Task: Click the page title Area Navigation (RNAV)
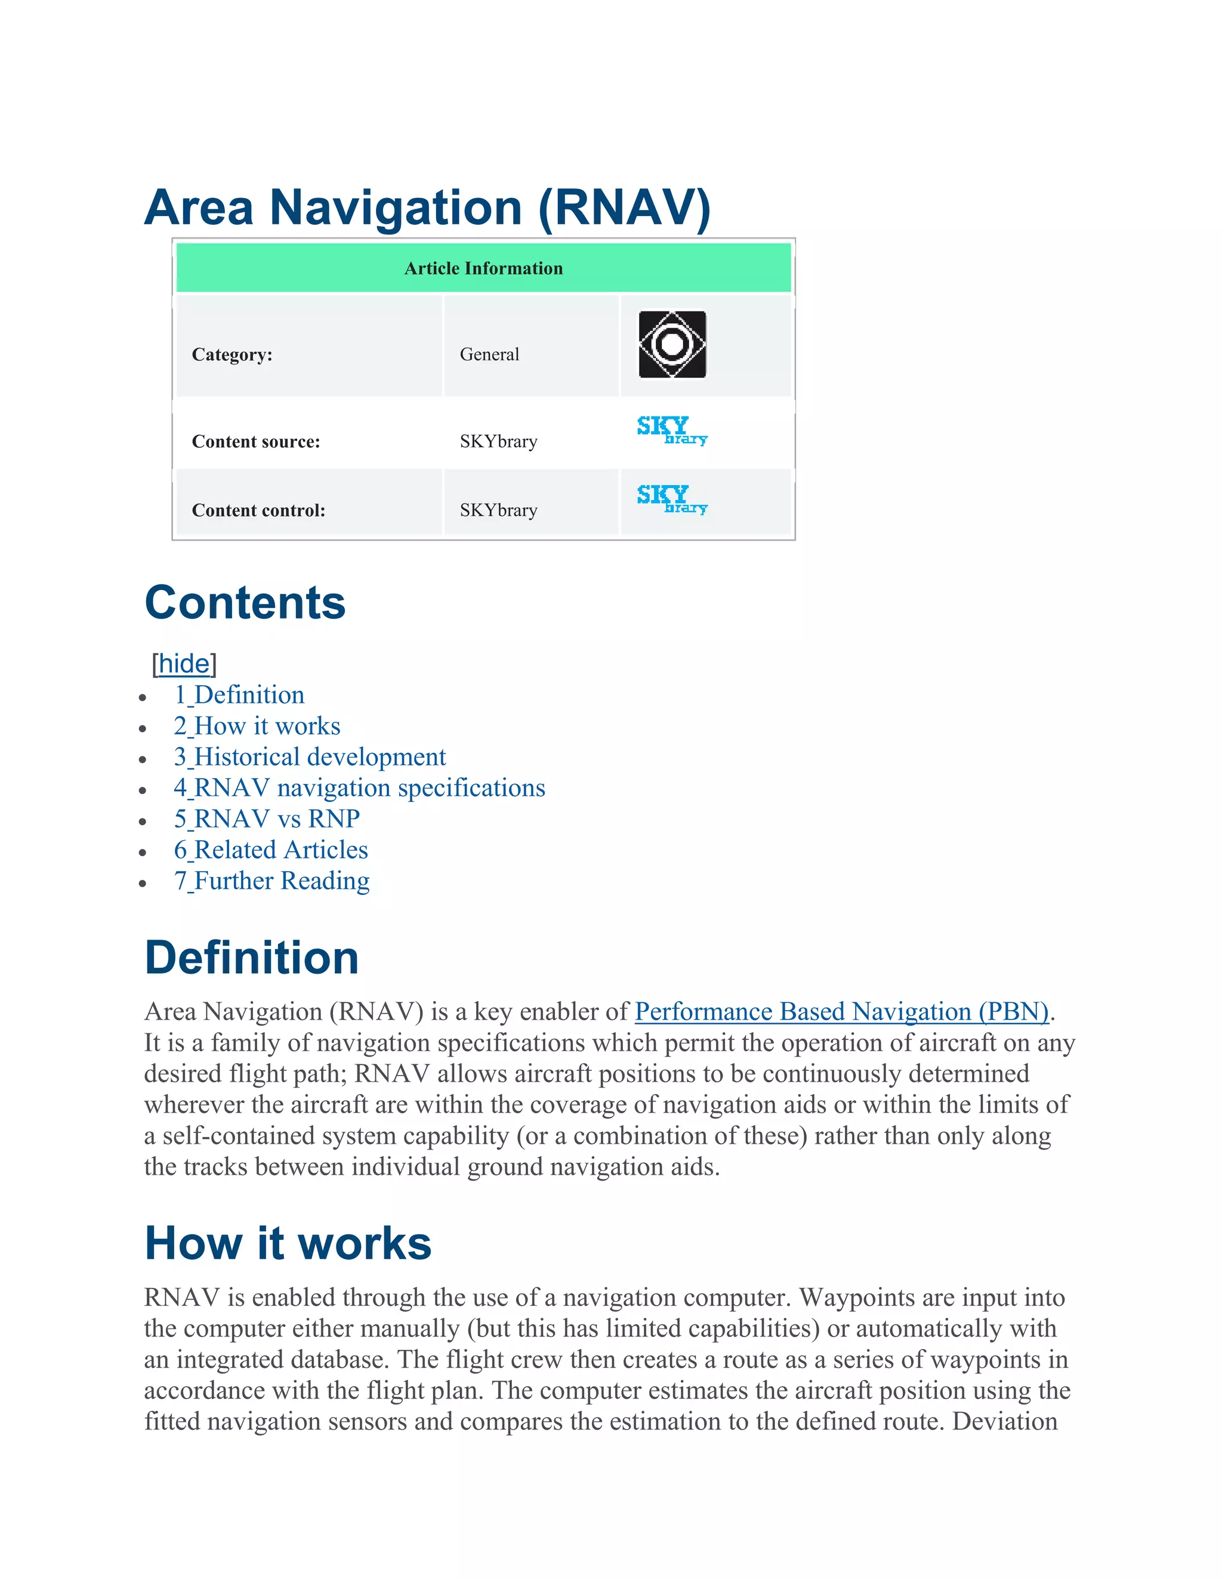point(427,208)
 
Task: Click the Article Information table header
point(483,268)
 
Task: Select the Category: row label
point(232,355)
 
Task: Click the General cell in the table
point(489,355)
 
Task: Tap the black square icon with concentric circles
point(672,345)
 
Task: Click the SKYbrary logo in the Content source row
point(672,430)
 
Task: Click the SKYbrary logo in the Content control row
point(672,499)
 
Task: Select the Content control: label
point(258,510)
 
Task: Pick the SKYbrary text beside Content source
point(498,441)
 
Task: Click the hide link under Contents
point(184,663)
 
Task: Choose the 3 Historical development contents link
point(310,757)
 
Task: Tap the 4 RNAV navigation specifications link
point(359,788)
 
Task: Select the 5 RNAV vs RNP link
point(266,819)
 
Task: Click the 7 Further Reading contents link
point(271,881)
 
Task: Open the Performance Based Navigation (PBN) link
point(841,1011)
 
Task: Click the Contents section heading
point(245,603)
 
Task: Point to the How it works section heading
point(288,1244)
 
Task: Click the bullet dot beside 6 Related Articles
point(143,852)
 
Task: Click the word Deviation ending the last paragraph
point(1005,1421)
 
